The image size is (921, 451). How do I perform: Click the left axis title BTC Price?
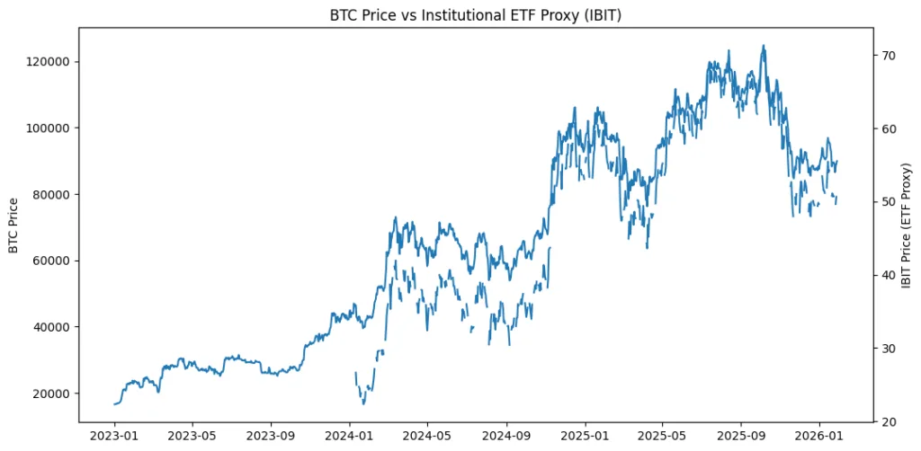13,225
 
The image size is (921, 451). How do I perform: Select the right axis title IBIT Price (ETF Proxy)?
907,225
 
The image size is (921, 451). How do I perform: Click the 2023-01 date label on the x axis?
114,436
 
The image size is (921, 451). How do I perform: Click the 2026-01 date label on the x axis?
819,436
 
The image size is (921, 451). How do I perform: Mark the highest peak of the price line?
764,45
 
